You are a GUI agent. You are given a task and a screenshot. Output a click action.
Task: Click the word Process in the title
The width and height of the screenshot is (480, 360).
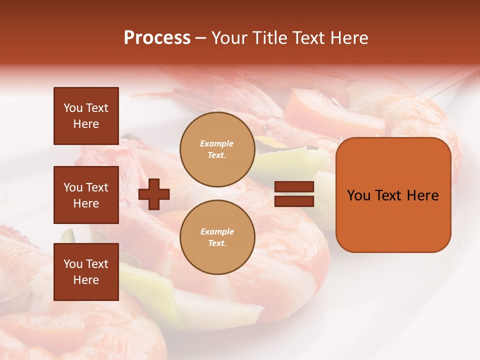click(x=157, y=38)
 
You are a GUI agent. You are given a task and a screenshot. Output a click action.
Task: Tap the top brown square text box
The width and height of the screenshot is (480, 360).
click(x=86, y=116)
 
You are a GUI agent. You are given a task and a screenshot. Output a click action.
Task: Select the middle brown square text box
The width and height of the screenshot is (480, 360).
click(x=86, y=195)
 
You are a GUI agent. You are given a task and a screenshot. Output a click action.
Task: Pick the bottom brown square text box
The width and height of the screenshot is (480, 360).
click(x=86, y=272)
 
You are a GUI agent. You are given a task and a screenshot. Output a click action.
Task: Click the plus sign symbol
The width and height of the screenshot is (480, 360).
click(x=154, y=194)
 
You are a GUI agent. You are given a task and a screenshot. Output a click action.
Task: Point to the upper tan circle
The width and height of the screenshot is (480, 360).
click(x=217, y=149)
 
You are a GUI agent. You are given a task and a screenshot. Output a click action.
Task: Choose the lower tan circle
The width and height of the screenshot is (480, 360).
click(x=217, y=237)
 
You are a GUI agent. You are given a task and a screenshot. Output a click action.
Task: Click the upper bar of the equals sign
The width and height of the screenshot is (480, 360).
click(x=294, y=187)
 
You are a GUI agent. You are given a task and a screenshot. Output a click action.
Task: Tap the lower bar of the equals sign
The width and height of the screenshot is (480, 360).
click(x=294, y=201)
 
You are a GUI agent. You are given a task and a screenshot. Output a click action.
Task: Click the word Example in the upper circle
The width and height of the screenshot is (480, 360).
click(x=217, y=143)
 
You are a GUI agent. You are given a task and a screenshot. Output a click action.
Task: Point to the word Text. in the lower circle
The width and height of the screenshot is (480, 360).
click(x=217, y=243)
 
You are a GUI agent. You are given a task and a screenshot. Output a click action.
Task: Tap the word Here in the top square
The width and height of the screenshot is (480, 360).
click(x=86, y=124)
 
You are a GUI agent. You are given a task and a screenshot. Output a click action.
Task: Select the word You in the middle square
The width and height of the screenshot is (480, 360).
click(x=72, y=187)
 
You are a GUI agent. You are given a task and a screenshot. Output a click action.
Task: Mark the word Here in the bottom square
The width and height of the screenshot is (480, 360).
click(x=86, y=280)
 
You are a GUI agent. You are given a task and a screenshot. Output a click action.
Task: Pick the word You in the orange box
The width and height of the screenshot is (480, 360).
click(x=358, y=195)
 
